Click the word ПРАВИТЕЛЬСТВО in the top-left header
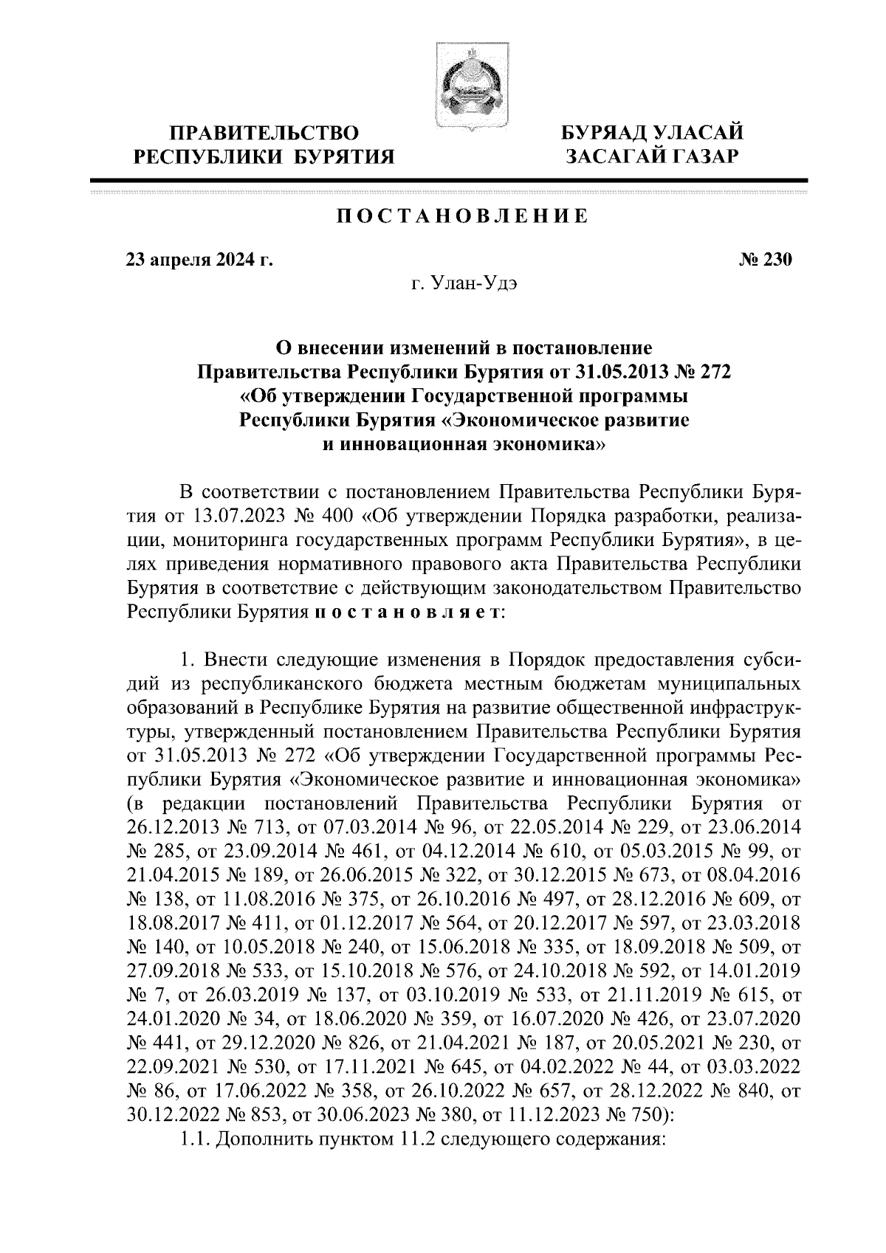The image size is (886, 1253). click(x=265, y=134)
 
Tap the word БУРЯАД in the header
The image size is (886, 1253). click(x=603, y=134)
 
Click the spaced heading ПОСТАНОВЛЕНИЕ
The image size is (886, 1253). click(x=463, y=216)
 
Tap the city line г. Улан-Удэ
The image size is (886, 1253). click(x=464, y=283)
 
